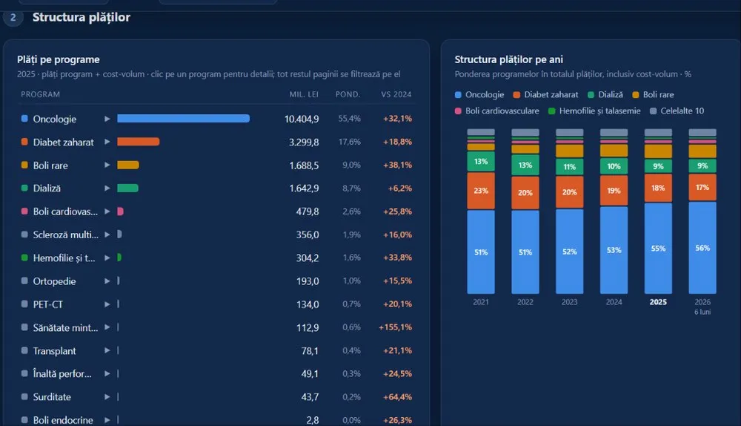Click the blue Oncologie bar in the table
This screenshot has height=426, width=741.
pyautogui.click(x=183, y=118)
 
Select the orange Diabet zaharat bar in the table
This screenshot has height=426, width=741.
pyautogui.click(x=139, y=142)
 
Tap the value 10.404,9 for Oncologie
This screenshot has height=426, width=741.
pyautogui.click(x=302, y=119)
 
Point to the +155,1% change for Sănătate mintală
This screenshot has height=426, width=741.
pyautogui.click(x=396, y=327)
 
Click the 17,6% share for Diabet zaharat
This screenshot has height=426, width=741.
pyautogui.click(x=350, y=142)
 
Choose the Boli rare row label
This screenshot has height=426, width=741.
pyautogui.click(x=50, y=166)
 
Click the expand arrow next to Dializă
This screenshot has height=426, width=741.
pyautogui.click(x=107, y=188)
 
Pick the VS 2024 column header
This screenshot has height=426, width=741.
pyautogui.click(x=396, y=94)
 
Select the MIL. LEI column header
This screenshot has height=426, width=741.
pyautogui.click(x=304, y=94)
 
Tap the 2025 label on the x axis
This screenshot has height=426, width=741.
pyautogui.click(x=658, y=302)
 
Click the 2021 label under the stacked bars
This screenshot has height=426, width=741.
pyautogui.click(x=481, y=302)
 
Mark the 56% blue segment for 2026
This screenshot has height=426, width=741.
pyautogui.click(x=702, y=248)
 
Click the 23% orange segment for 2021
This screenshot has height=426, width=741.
pyautogui.click(x=481, y=191)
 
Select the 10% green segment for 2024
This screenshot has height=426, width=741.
pyautogui.click(x=614, y=166)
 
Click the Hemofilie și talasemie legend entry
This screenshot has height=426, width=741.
pyautogui.click(x=594, y=111)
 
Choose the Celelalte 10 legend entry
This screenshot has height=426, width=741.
pyautogui.click(x=677, y=111)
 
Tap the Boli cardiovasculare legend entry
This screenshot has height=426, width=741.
pyautogui.click(x=496, y=111)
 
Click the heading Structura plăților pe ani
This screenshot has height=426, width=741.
pyautogui.click(x=508, y=59)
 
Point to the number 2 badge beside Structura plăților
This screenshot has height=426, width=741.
pyautogui.click(x=13, y=18)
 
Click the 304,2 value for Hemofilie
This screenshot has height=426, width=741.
pyautogui.click(x=308, y=258)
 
